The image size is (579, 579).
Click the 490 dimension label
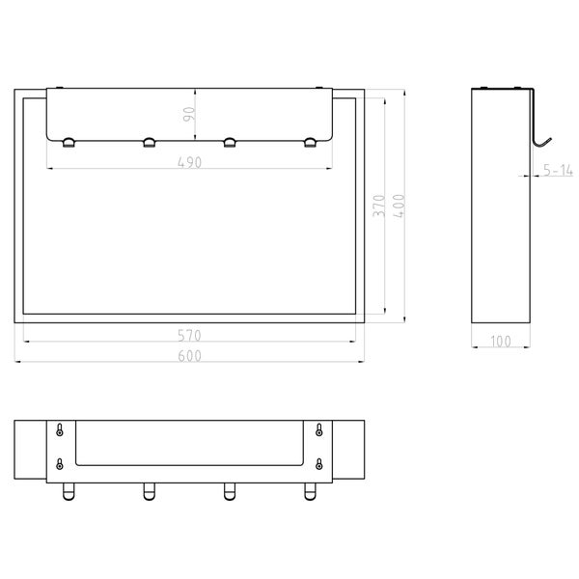[190, 162]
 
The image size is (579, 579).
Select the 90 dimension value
[189, 114]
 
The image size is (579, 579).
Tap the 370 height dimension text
[379, 207]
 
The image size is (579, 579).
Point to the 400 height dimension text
[400, 206]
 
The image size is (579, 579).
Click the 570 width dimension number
[189, 335]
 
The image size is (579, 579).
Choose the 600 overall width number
[189, 355]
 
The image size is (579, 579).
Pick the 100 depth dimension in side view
[501, 342]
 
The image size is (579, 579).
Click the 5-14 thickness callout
[558, 170]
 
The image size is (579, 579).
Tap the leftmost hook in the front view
[69, 143]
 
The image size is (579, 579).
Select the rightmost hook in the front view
[310, 143]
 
